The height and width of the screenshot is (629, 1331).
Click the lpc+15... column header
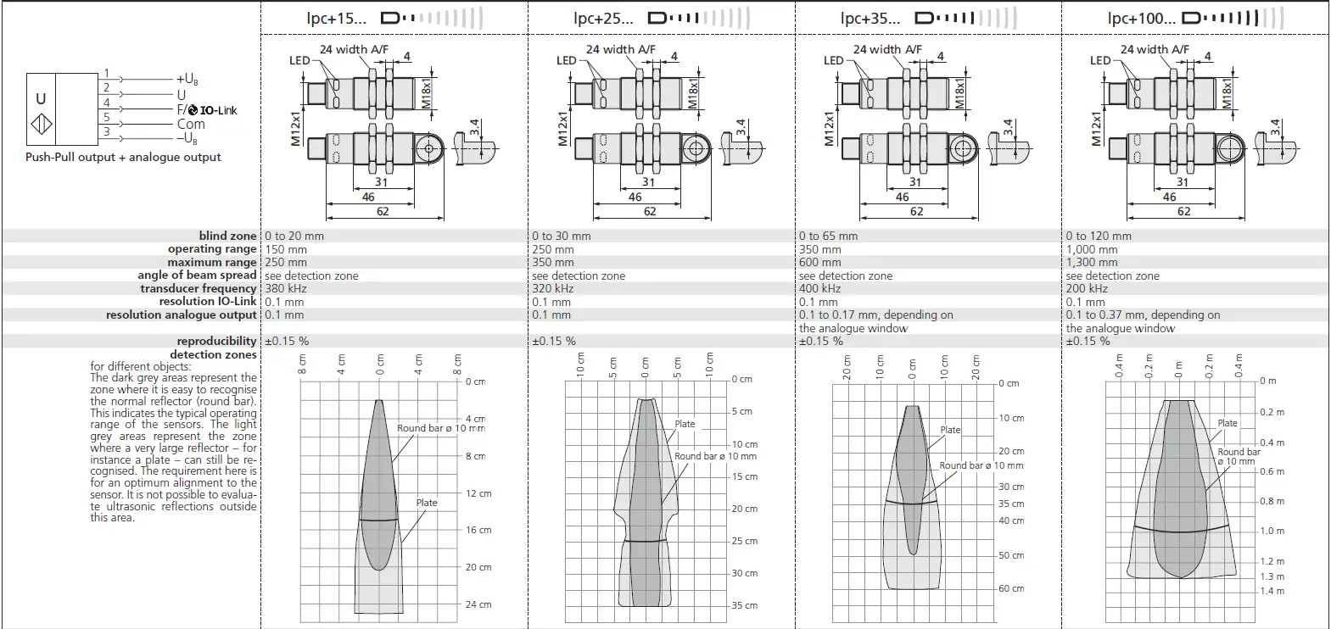[337, 18]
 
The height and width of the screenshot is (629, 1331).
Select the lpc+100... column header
[1141, 18]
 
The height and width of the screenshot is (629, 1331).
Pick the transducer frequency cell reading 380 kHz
[286, 288]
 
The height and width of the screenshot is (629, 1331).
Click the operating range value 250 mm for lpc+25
[553, 249]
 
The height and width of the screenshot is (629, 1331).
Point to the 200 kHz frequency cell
[1087, 288]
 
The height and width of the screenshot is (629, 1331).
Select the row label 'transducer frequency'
[199, 288]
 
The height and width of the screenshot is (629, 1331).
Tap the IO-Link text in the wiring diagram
[218, 110]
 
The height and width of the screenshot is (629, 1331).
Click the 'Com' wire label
[191, 124]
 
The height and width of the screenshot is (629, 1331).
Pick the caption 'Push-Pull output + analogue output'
[123, 157]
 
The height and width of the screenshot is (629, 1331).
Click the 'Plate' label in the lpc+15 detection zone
[427, 503]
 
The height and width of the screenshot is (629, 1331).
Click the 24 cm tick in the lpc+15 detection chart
[478, 604]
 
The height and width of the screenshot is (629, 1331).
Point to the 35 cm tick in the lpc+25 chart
[744, 605]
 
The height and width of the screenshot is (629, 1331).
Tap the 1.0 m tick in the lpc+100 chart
[1272, 531]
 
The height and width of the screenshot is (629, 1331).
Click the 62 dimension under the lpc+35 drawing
[916, 211]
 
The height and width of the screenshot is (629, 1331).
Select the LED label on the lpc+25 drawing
[567, 60]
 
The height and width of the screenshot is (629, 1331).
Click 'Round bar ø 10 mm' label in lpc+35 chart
[981, 465]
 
